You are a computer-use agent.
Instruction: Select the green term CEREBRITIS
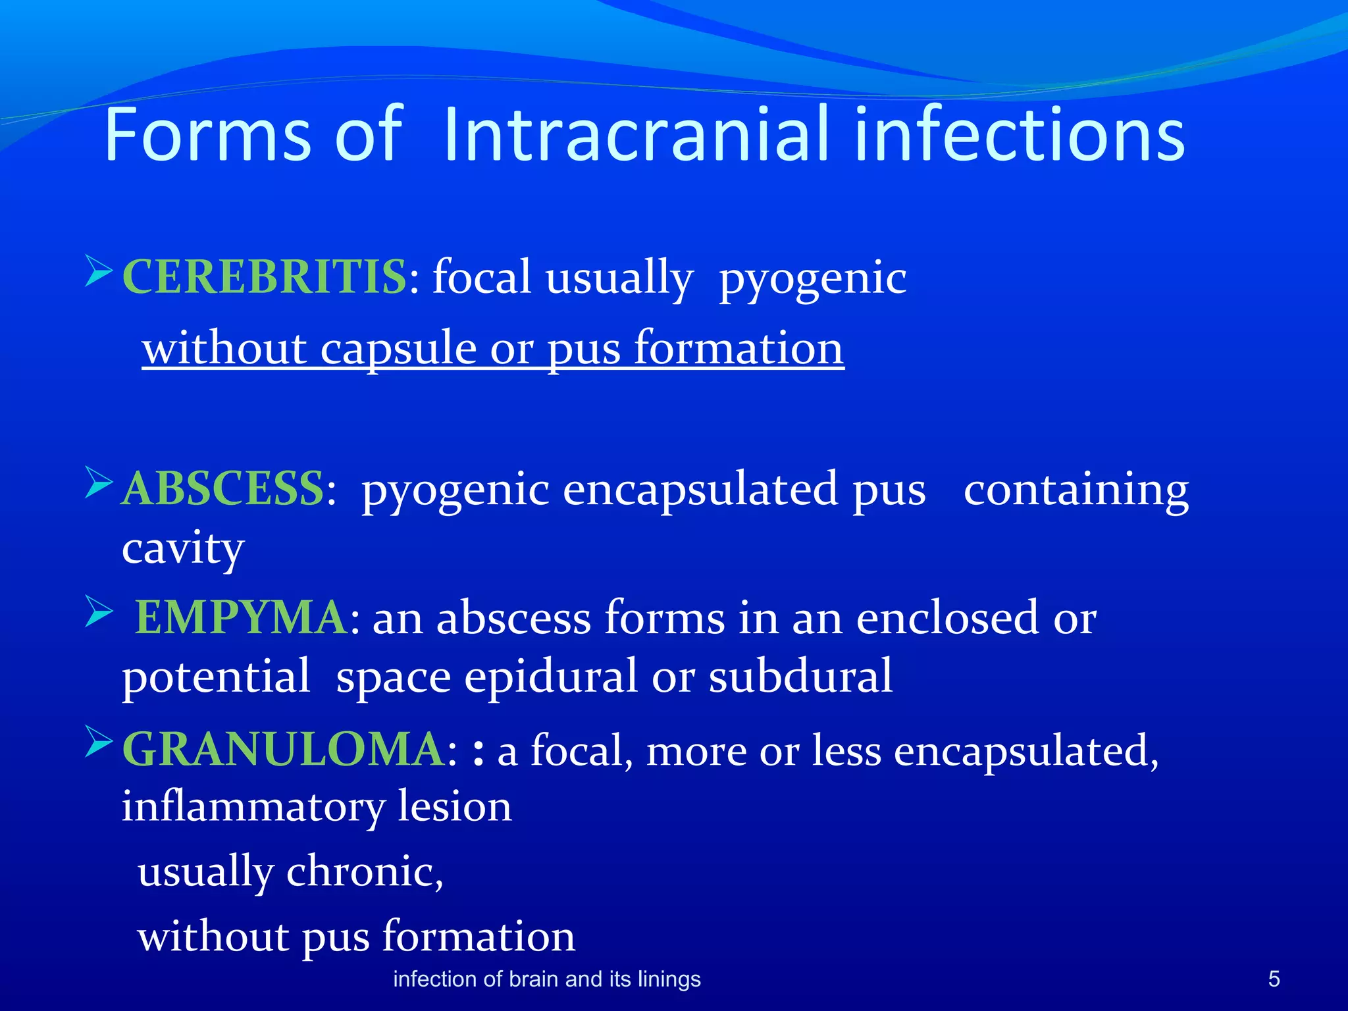click(265, 277)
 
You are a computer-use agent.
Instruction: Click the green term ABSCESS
click(223, 489)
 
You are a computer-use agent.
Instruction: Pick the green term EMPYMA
click(241, 617)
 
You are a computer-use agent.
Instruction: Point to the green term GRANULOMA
click(284, 750)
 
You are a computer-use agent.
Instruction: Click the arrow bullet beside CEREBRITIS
click(99, 271)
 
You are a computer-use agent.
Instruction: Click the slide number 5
click(1274, 979)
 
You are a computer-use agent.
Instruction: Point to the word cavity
click(183, 548)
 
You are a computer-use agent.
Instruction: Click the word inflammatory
click(252, 807)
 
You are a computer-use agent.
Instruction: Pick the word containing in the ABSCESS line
click(1076, 490)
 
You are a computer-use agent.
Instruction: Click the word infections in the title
click(1020, 135)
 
